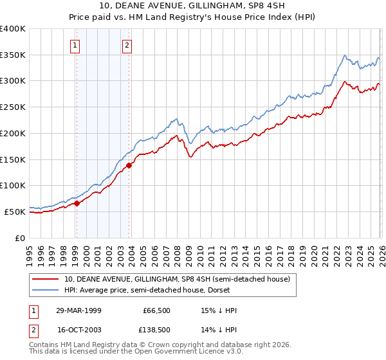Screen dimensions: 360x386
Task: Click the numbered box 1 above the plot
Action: pos(76,45)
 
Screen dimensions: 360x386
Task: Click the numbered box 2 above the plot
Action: pos(127,45)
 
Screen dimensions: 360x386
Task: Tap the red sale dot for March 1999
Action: pos(77,203)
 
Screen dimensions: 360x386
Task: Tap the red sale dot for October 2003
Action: pos(129,165)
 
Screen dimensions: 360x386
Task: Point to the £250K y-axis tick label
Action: pos(13,107)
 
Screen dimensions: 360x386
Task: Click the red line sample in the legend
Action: pos(46,279)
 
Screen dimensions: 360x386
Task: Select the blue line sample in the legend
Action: pos(46,290)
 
